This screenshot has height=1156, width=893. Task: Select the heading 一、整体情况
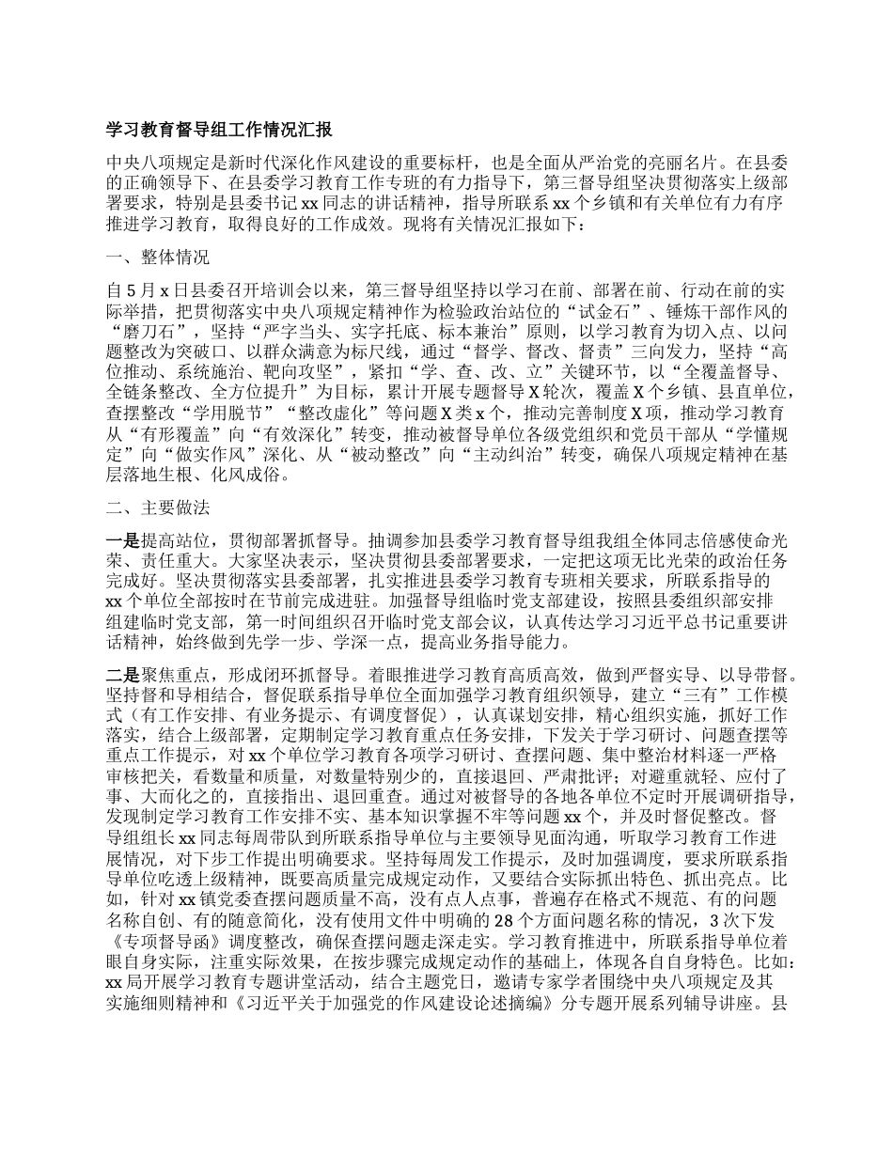coord(158,257)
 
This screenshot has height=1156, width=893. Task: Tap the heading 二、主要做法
coord(158,508)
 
